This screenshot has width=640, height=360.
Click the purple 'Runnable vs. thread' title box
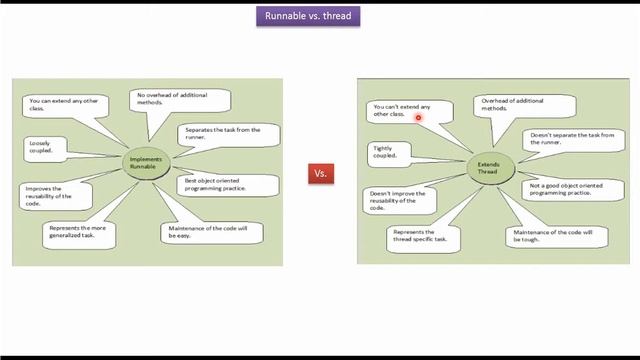306,16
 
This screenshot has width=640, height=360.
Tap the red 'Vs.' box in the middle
321,173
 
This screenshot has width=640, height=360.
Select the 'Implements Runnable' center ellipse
145,162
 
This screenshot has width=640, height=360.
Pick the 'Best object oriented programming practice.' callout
215,184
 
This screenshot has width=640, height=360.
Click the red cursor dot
418,117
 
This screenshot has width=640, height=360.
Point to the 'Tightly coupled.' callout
386,152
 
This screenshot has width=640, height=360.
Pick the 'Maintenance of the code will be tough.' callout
546,237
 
